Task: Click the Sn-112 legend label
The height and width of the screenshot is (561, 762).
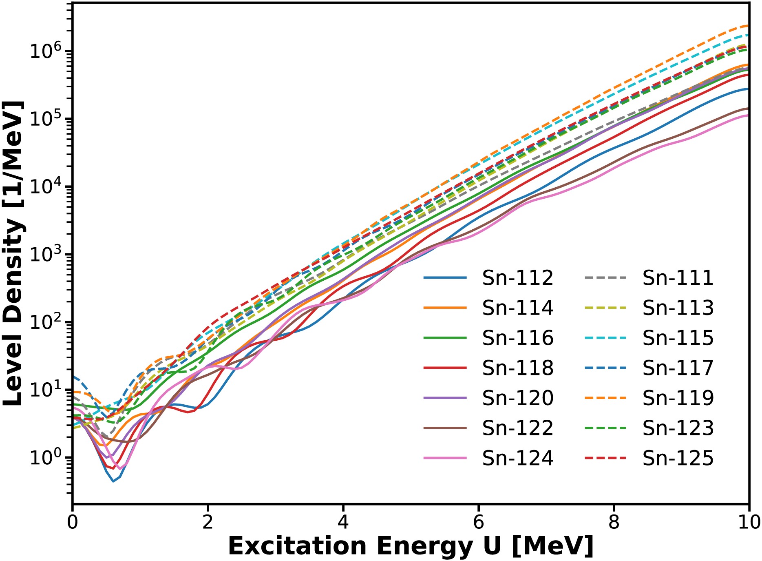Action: coord(517,278)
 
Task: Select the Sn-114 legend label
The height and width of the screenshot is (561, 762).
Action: coord(517,308)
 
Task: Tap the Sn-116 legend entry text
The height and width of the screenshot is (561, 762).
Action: coord(517,338)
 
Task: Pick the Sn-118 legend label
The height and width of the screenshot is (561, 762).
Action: coord(517,368)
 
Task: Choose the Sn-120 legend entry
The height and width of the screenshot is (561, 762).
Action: coord(517,398)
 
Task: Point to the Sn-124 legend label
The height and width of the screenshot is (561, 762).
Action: coord(517,458)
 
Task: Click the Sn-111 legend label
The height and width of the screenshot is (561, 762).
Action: coord(678,278)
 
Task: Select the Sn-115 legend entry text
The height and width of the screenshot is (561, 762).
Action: coord(678,338)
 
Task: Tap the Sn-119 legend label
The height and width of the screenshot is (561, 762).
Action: coord(678,398)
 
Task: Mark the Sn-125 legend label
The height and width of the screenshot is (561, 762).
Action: coord(678,458)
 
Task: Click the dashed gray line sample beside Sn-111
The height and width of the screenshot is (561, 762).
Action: coord(605,278)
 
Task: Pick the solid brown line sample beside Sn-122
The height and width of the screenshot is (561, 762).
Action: coord(445,428)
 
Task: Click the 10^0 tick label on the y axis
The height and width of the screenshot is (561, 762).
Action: coord(45,457)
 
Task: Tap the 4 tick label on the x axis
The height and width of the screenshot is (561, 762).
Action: coord(343,523)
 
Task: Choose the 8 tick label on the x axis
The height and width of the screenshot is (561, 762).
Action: coord(614,523)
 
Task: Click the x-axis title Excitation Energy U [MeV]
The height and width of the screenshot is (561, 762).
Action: coord(411,546)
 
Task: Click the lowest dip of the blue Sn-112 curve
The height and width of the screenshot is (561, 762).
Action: coord(113,481)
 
